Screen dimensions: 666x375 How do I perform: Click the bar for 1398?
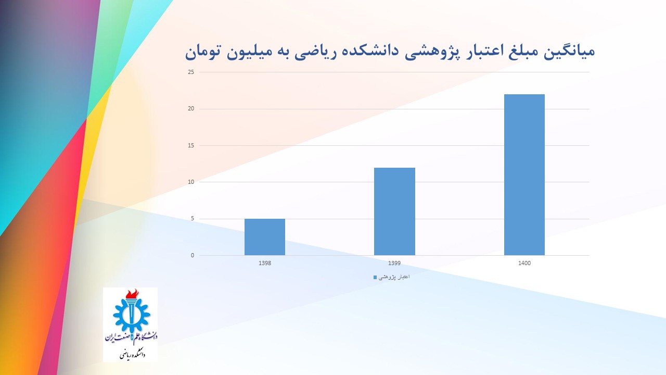tap(265, 237)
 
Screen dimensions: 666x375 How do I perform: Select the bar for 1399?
tap(394, 211)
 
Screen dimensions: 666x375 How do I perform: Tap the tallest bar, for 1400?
tap(524, 174)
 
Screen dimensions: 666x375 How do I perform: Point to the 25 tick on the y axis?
tap(191, 72)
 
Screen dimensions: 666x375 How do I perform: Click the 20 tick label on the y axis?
tap(191, 109)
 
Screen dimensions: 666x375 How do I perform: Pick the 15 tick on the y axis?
tap(191, 145)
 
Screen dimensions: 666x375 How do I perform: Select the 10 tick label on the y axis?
tap(191, 182)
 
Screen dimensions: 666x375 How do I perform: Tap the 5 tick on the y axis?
tap(193, 219)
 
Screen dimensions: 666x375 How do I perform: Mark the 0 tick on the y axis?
tap(193, 255)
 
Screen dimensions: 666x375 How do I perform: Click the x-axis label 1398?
tap(265, 263)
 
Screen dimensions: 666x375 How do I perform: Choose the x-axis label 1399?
tap(394, 263)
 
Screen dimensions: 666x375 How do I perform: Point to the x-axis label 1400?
tap(524, 263)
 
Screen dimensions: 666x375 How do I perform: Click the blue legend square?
tap(375, 278)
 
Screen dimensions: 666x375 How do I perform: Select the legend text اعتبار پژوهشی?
tap(394, 277)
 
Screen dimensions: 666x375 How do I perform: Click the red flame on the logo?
tap(132, 294)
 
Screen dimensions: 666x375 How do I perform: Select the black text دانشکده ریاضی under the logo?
tap(133, 355)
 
